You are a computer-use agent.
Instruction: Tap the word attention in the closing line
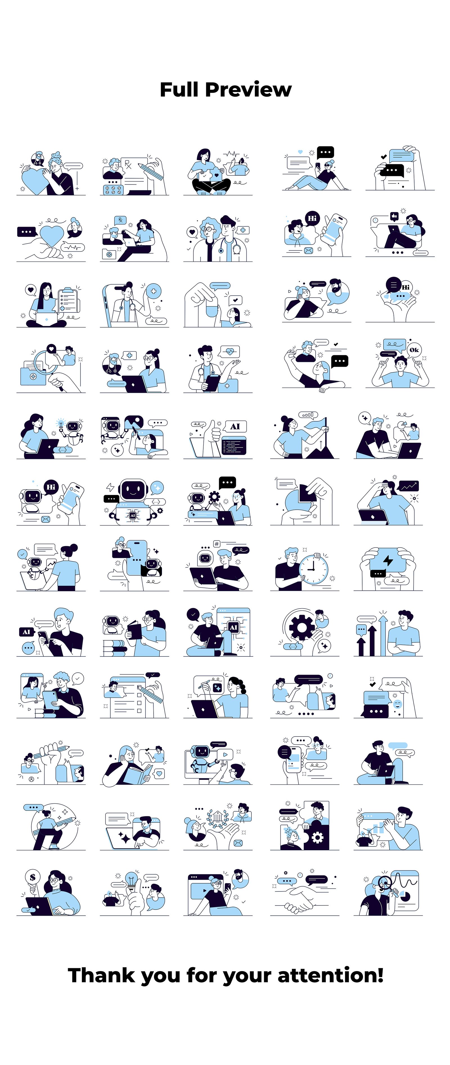[x=330, y=975]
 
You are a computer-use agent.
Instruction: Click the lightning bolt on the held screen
[x=388, y=560]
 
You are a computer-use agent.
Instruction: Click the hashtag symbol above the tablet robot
[x=216, y=544]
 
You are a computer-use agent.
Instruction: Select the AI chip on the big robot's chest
[x=133, y=515]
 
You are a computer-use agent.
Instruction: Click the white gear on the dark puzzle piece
[x=317, y=837]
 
